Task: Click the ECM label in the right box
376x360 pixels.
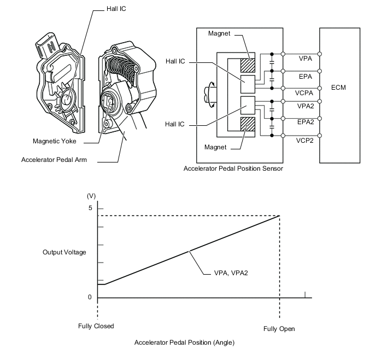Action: point(338,88)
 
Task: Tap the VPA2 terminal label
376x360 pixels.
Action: point(305,106)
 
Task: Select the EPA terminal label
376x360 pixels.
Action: point(305,77)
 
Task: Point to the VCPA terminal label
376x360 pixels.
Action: point(304,93)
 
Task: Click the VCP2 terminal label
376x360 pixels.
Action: point(305,141)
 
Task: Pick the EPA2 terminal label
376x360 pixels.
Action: point(305,122)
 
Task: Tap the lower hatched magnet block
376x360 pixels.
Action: point(248,124)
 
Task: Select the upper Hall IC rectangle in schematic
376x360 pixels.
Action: point(248,84)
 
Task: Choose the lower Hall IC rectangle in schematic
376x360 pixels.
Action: point(248,105)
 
